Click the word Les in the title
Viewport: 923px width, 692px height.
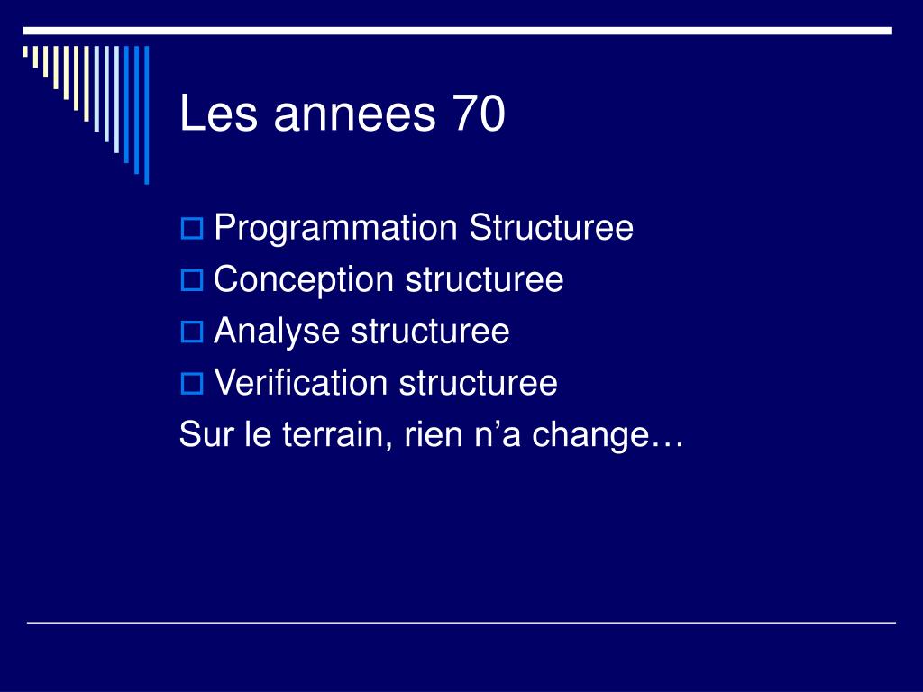(x=218, y=113)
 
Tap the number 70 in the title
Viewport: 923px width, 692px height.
(x=480, y=113)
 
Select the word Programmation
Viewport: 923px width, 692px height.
(x=335, y=229)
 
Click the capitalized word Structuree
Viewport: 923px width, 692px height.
(x=551, y=227)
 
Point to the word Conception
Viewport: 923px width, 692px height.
(x=303, y=280)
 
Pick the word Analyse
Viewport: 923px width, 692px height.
(x=277, y=332)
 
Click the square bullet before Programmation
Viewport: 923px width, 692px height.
(x=191, y=228)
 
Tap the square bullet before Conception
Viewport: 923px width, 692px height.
(x=191, y=280)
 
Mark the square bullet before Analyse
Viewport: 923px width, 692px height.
(x=191, y=332)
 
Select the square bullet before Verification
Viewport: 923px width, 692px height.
(x=191, y=384)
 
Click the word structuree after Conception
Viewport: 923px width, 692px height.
(x=484, y=279)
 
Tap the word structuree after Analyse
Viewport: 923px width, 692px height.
(x=430, y=332)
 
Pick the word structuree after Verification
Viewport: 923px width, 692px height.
(x=478, y=383)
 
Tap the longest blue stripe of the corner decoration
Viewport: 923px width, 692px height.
(x=147, y=114)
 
